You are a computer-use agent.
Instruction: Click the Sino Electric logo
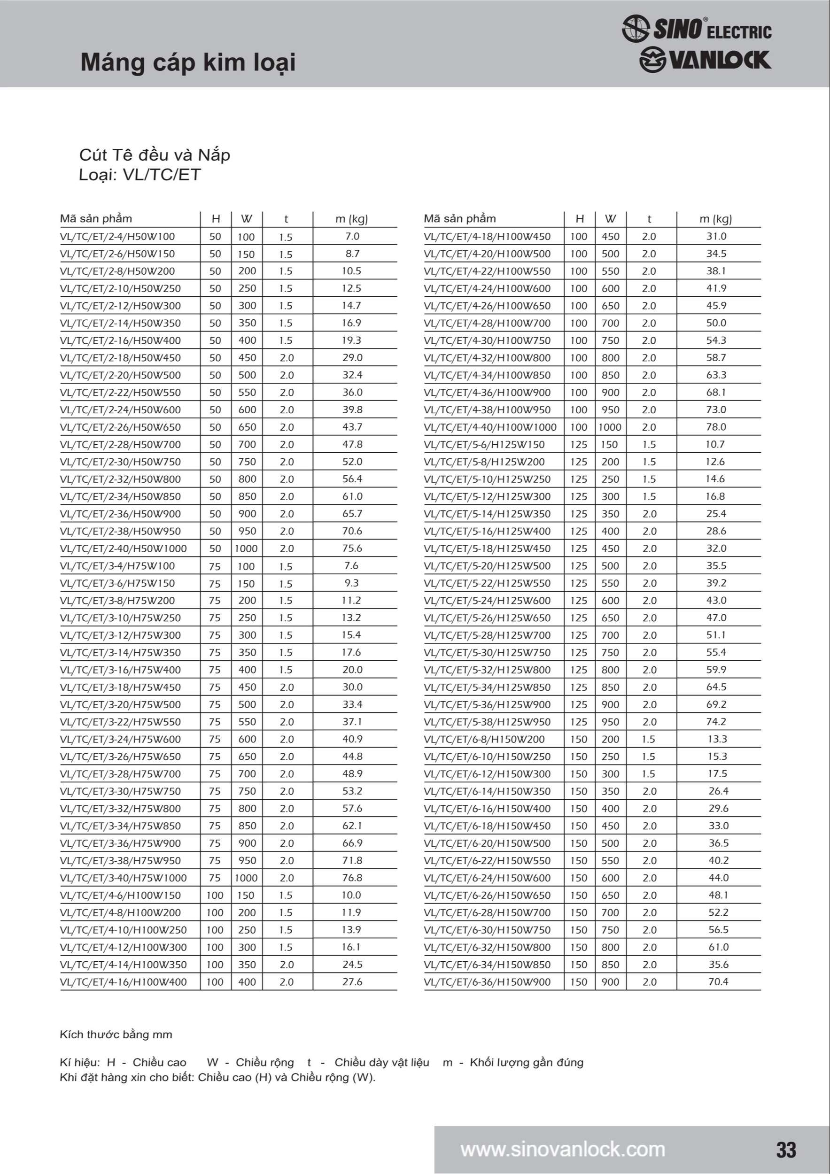697,29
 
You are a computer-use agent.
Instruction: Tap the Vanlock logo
705,60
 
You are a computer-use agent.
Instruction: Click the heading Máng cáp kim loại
188,62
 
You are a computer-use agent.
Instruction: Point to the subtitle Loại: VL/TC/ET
139,175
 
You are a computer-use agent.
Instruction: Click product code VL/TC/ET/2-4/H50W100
117,237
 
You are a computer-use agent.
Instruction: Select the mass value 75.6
352,548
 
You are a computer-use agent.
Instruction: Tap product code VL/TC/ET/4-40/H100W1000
490,427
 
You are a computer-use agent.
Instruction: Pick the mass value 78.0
716,427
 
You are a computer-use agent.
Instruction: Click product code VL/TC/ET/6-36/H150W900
487,982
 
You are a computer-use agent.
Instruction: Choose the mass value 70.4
718,982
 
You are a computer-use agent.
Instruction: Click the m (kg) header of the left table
351,219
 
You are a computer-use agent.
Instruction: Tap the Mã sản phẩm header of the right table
459,219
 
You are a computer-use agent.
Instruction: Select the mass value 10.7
715,444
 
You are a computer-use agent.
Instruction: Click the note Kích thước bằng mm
116,1035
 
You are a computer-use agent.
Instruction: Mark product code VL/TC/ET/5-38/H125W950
487,722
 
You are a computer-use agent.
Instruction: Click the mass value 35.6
718,965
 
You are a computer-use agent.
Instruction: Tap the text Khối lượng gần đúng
526,1063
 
